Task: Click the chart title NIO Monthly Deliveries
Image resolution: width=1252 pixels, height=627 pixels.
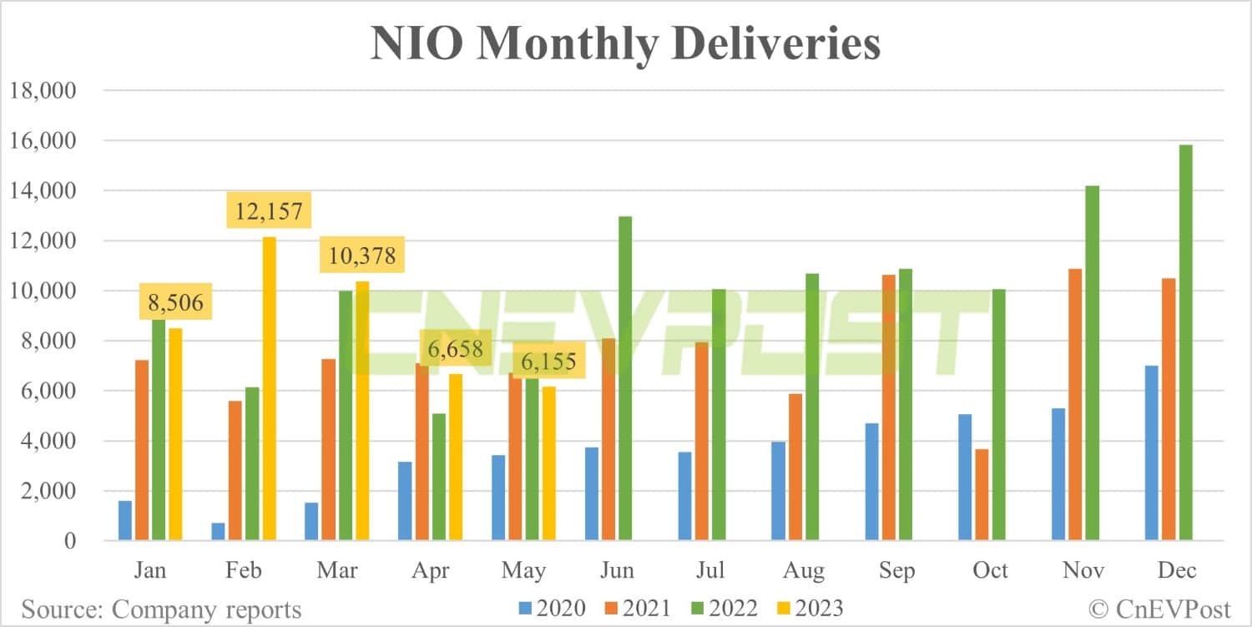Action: pyautogui.click(x=625, y=44)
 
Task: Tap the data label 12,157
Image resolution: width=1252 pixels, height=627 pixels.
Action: pyautogui.click(x=269, y=210)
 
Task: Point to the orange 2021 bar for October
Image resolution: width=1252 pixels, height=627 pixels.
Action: pyautogui.click(x=982, y=495)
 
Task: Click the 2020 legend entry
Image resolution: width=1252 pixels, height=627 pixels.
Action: pyautogui.click(x=552, y=609)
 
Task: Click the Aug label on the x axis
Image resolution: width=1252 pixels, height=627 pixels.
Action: pyautogui.click(x=804, y=571)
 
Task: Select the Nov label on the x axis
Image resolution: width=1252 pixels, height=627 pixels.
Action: pyautogui.click(x=1084, y=571)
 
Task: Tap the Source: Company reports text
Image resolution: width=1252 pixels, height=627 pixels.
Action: pyautogui.click(x=161, y=609)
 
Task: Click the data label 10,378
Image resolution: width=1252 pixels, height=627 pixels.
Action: pyautogui.click(x=361, y=254)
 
